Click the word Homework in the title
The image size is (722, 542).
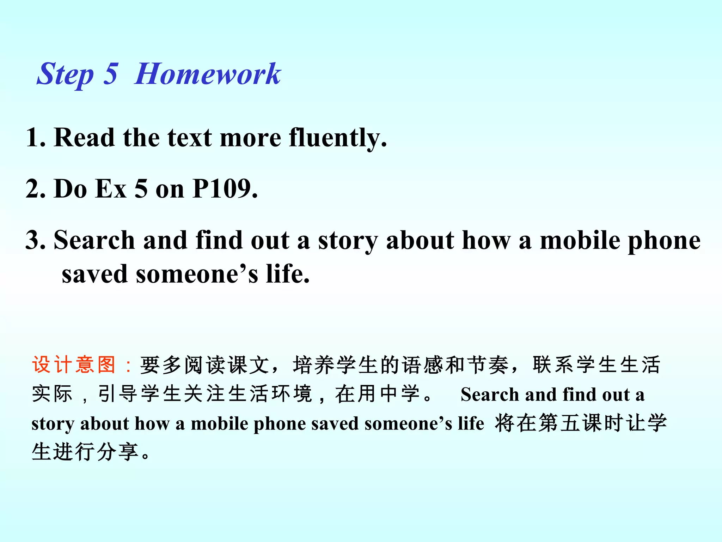208,74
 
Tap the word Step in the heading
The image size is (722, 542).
65,74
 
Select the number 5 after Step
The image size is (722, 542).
110,74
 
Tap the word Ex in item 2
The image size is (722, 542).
111,189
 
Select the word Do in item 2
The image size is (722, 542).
70,189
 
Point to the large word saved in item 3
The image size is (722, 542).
94,274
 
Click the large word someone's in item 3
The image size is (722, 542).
197,274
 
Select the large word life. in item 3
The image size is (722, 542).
288,274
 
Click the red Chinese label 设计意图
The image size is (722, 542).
74,365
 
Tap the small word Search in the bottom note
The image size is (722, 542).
490,395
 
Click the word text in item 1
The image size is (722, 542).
190,138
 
